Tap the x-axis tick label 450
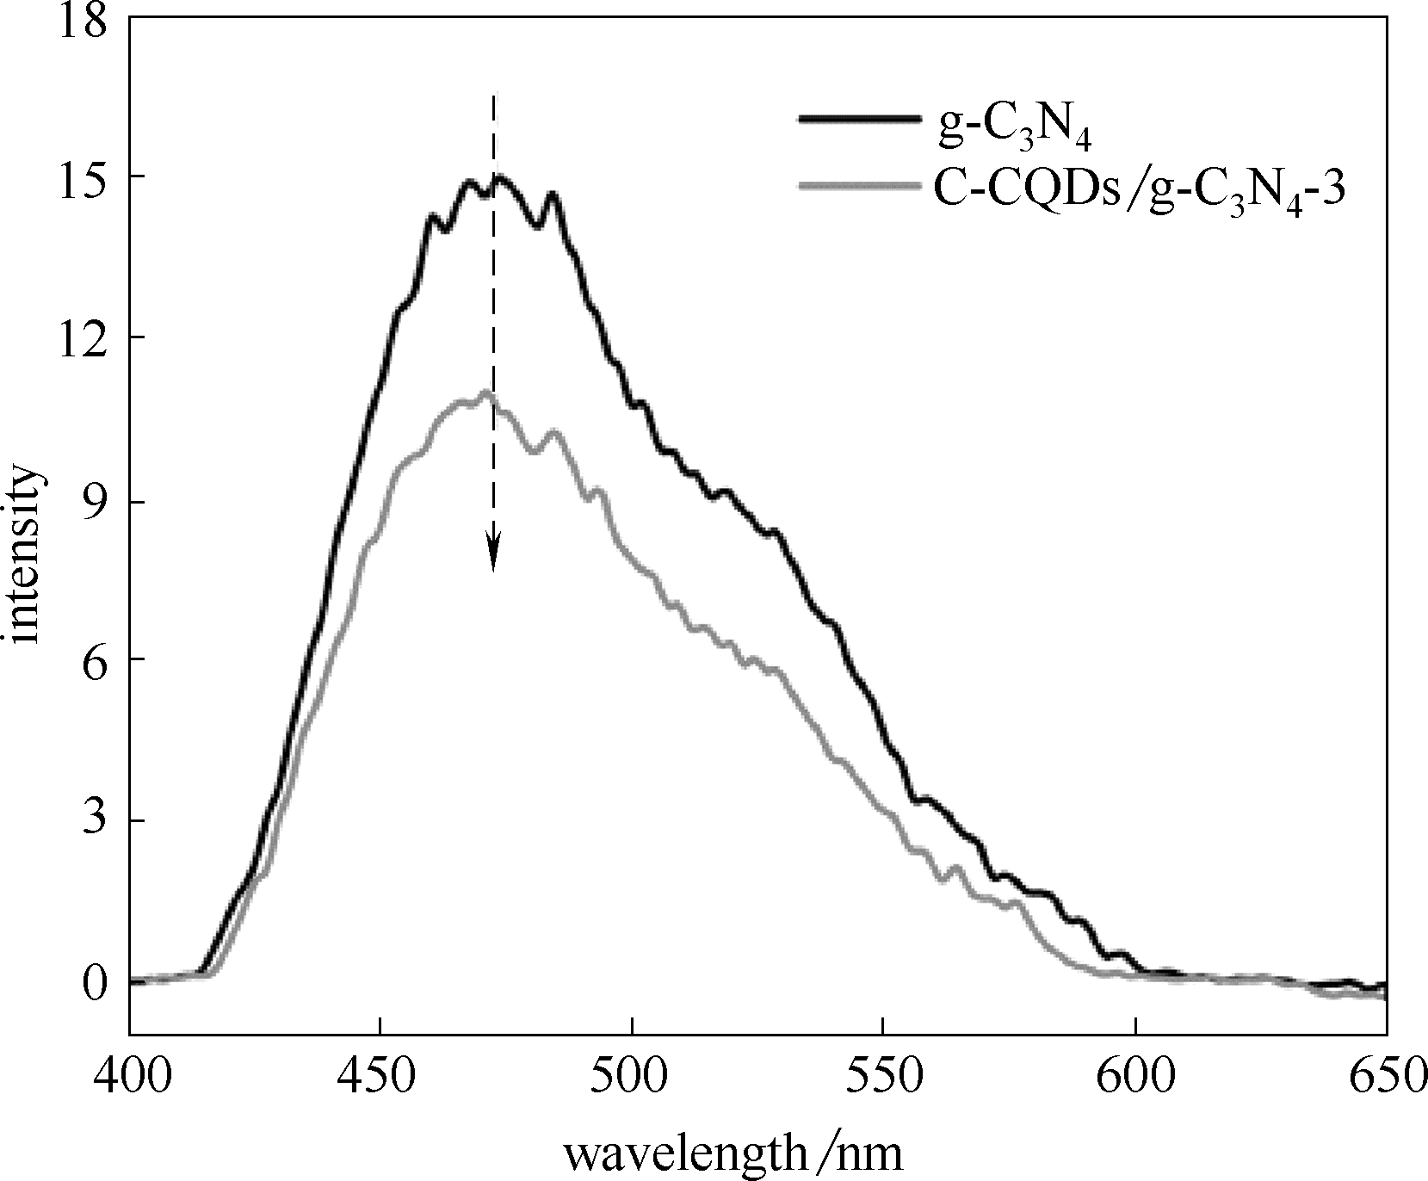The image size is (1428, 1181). pos(380,1076)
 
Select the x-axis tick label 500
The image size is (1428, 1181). pos(632,1076)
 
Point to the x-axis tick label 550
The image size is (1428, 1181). pos(883,1076)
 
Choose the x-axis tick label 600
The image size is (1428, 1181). pos(1134,1076)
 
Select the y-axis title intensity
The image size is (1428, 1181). pos(24,555)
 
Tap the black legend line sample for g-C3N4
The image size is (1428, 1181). pos(857,119)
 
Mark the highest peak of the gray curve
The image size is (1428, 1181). pos(487,393)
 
